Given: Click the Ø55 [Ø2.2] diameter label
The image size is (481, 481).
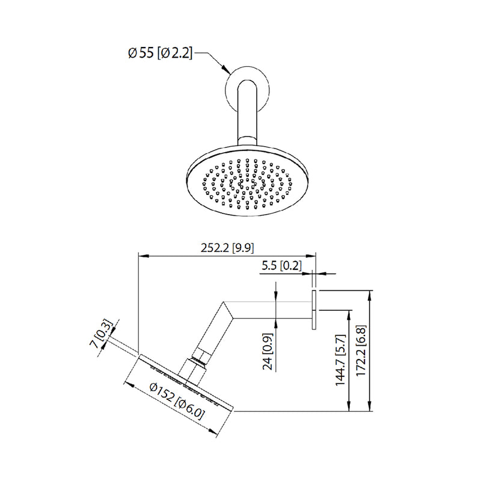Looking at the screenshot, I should [x=160, y=54].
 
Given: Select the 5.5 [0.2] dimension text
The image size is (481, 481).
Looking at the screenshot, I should [x=281, y=265].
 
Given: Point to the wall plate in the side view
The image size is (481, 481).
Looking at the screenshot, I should [x=314, y=310].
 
